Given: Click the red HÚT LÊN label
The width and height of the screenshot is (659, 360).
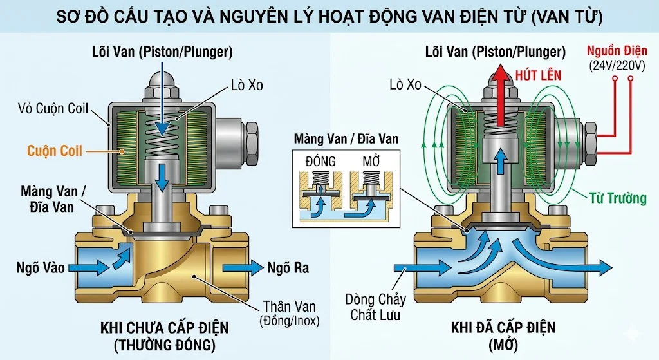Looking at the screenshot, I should point(538,75).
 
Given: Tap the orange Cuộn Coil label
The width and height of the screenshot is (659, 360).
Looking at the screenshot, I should point(55,151).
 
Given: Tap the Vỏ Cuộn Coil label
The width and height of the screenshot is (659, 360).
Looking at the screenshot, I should point(53,108).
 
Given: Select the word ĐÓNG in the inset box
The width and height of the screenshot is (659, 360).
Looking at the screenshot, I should point(320,161).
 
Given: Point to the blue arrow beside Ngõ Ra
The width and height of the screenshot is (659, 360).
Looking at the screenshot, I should point(242,267).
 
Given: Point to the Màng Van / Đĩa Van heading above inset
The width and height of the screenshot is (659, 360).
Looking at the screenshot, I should point(346,138).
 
